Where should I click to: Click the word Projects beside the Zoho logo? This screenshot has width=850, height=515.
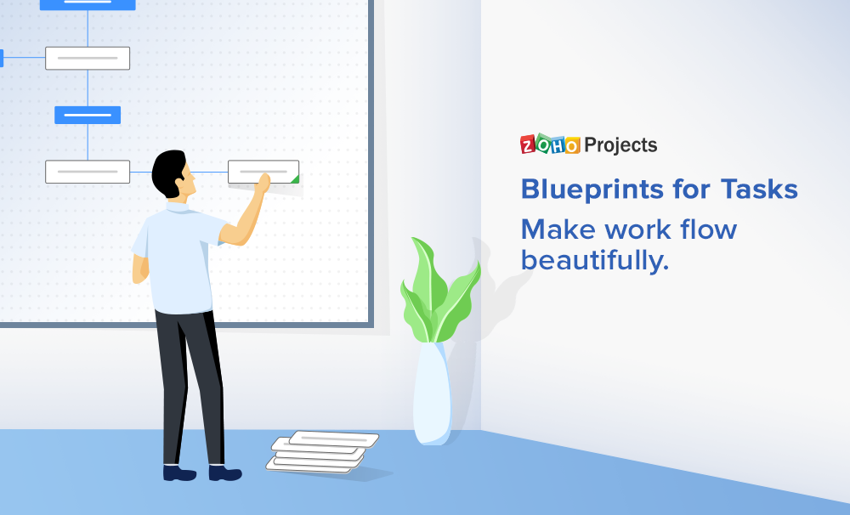pyautogui.click(x=620, y=145)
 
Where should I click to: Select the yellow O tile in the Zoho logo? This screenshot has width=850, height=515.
pyautogui.click(x=572, y=146)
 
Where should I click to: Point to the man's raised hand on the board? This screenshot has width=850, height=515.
pyautogui.click(x=263, y=181)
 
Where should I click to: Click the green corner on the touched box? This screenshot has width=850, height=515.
pyautogui.click(x=295, y=178)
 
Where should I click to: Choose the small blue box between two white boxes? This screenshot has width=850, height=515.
pyautogui.click(x=88, y=115)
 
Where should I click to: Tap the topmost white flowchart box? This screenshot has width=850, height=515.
pyautogui.click(x=88, y=58)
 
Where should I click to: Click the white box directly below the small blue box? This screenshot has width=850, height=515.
pyautogui.click(x=88, y=171)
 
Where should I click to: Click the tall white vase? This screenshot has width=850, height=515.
pyautogui.click(x=432, y=395)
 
